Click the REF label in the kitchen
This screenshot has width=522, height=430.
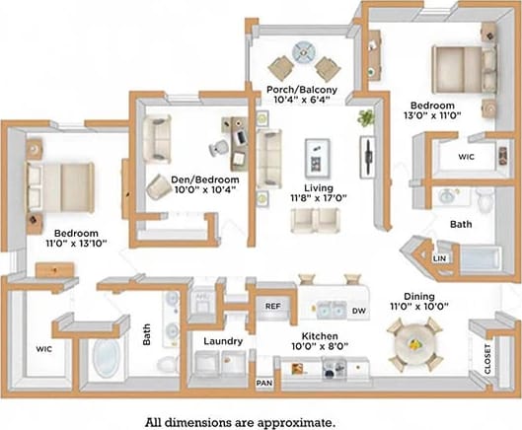pyautogui.click(x=273, y=307)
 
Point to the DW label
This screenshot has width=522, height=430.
pyautogui.click(x=360, y=311)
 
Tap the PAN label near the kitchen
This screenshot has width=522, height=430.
pyautogui.click(x=263, y=382)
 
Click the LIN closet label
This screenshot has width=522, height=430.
pyautogui.click(x=439, y=257)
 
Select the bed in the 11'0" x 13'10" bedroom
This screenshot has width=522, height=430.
pyautogui.click(x=60, y=182)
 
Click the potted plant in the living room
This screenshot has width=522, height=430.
pyautogui.click(x=366, y=117)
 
